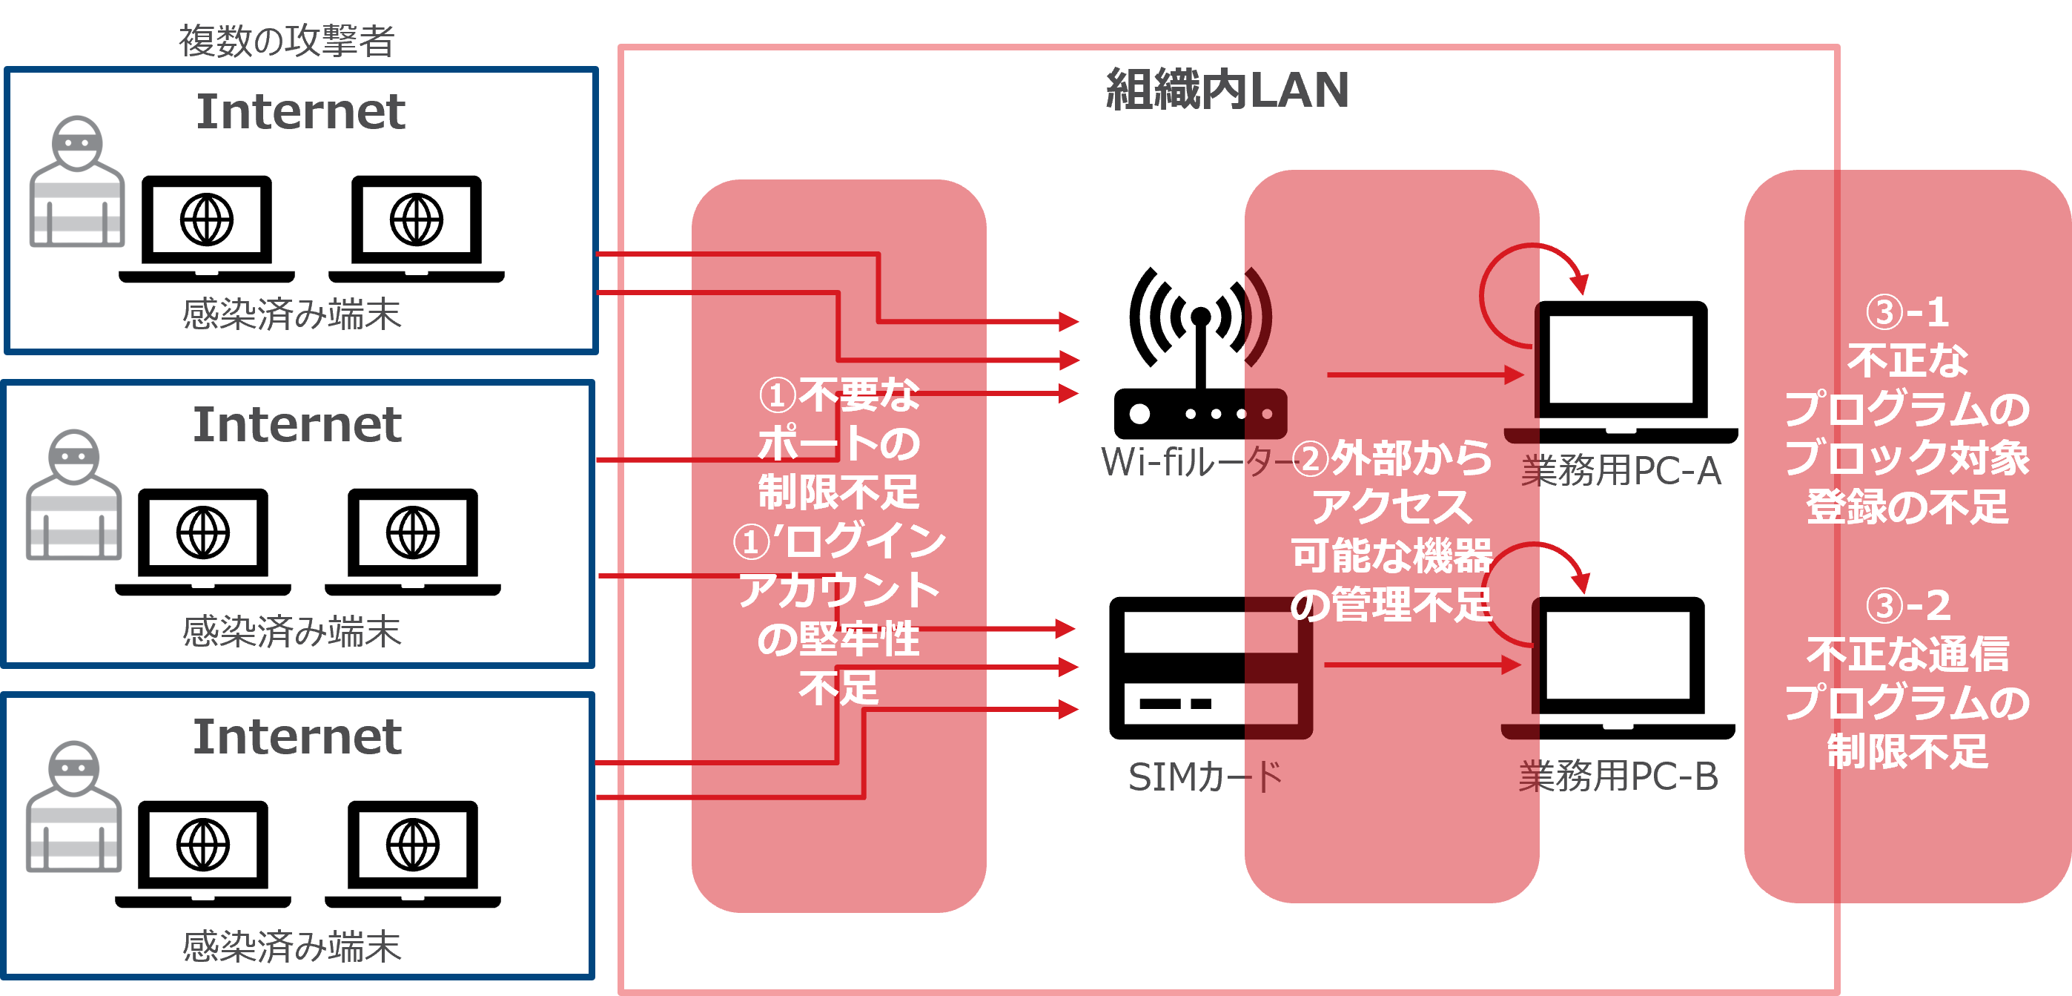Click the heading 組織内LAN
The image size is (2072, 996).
pyautogui.click(x=1227, y=89)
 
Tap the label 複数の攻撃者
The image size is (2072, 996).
pyautogui.click(x=286, y=41)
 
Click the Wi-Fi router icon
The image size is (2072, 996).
pyautogui.click(x=1200, y=354)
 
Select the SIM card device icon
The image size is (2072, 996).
pyautogui.click(x=1210, y=667)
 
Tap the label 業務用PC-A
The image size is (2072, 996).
pyautogui.click(x=1621, y=471)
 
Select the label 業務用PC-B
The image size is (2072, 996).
pyautogui.click(x=1618, y=776)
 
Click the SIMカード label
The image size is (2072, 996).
pyautogui.click(x=1205, y=777)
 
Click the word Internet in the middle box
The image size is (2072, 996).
pyautogui.click(x=297, y=424)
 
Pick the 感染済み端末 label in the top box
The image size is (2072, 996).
pyautogui.click(x=291, y=314)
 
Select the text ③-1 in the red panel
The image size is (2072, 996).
pyautogui.click(x=1907, y=312)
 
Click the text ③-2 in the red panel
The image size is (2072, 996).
pyautogui.click(x=1908, y=605)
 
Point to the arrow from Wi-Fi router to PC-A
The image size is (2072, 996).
pyautogui.click(x=1423, y=374)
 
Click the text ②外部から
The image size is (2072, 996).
pyautogui.click(x=1391, y=458)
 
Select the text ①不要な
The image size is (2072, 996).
pyautogui.click(x=838, y=395)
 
